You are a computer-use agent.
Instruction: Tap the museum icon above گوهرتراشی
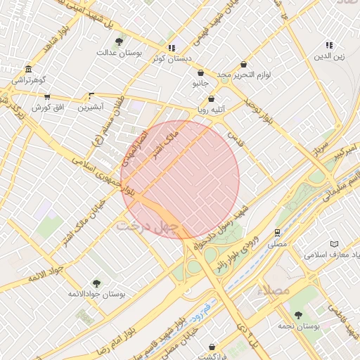coord(28,70)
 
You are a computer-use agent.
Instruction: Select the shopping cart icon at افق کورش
coord(47,96)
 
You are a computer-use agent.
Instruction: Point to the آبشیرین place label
coord(91,107)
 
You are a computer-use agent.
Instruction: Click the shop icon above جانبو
coord(200,72)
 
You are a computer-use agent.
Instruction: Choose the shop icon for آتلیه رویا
coord(211,99)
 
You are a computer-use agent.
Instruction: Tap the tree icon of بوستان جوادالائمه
coord(96,283)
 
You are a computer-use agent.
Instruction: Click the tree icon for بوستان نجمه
coord(298,316)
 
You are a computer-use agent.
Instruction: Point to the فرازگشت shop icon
coord(212,347)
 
